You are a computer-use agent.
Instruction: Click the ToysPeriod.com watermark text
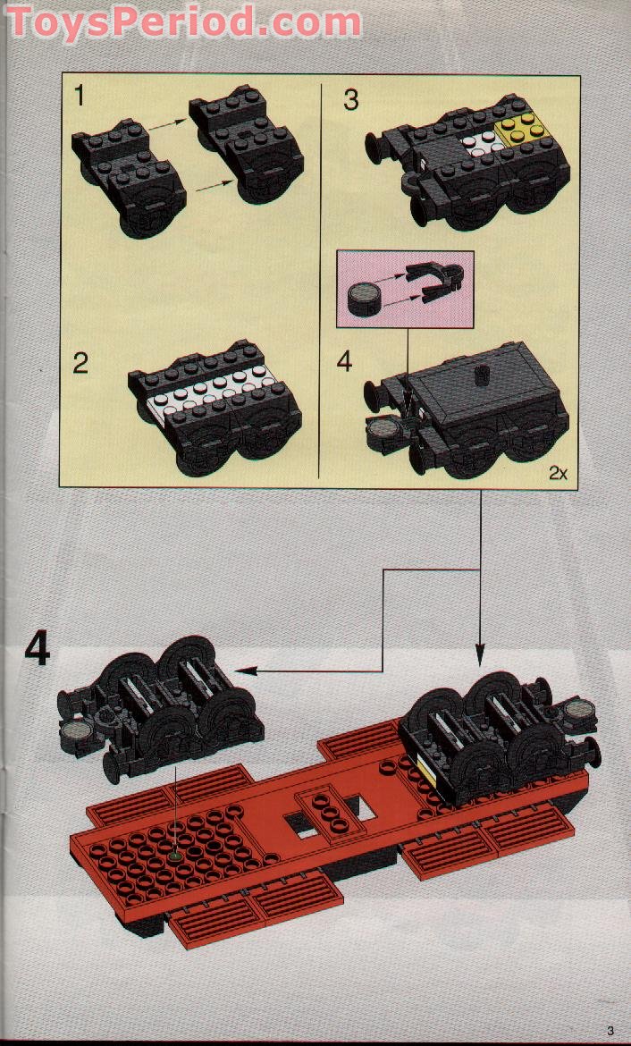(183, 21)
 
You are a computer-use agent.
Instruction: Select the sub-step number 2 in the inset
(81, 364)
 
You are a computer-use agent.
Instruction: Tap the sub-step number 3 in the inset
(350, 99)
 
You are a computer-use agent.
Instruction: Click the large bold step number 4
(37, 649)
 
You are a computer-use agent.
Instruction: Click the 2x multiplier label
(559, 474)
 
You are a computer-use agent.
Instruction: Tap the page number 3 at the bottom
(610, 1029)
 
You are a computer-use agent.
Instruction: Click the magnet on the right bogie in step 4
(578, 713)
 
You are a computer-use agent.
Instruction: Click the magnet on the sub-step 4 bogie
(382, 434)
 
